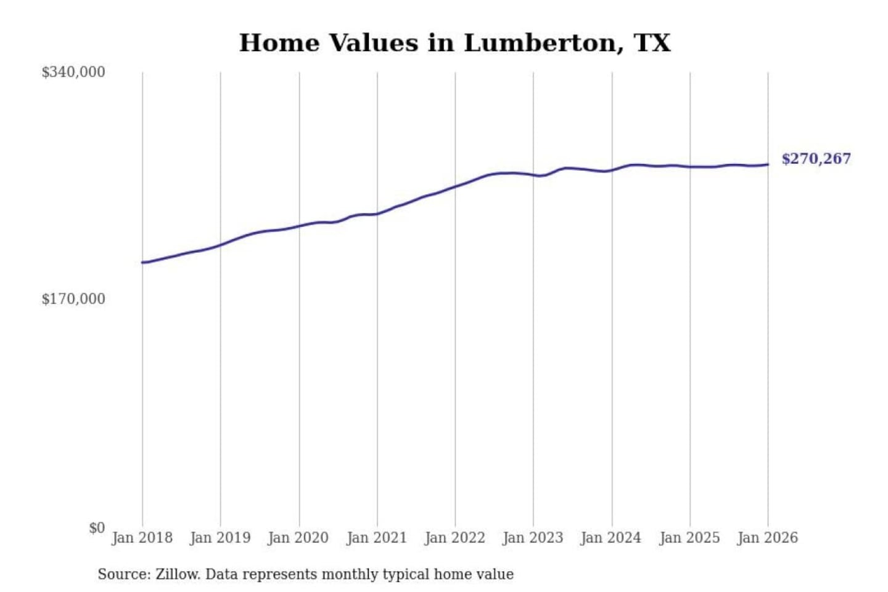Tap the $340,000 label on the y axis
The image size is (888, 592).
[x=73, y=72]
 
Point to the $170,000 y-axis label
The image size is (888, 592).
[x=73, y=299]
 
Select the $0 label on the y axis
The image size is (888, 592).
[x=97, y=528]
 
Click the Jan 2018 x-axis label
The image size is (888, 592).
[x=142, y=538]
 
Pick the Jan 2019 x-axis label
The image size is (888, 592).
[x=220, y=538]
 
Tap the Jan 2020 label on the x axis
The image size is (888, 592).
[x=298, y=538]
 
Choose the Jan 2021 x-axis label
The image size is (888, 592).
[x=377, y=538]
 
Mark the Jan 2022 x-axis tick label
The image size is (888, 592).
[x=455, y=538]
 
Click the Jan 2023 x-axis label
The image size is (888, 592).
[x=533, y=538]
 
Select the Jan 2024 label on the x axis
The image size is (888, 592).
[x=611, y=538]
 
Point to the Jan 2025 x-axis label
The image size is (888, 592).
[x=689, y=538]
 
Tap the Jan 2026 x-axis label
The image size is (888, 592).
[x=768, y=538]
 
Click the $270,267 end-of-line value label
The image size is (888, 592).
[x=816, y=159]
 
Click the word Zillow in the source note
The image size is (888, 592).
[x=178, y=575]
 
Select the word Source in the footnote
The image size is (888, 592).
[x=123, y=575]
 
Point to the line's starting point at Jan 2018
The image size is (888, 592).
[x=143, y=263]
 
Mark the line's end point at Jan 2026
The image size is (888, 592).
[x=768, y=164]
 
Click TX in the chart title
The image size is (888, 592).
[x=652, y=43]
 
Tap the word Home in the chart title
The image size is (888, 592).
[x=279, y=43]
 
